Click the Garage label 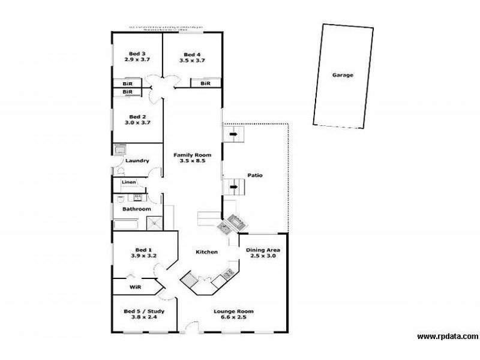click(x=343, y=76)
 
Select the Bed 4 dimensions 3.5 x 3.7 click(x=193, y=60)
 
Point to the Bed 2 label click(x=137, y=116)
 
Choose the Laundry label click(x=137, y=161)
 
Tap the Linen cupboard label click(x=128, y=182)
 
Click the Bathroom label click(x=137, y=209)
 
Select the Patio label click(x=255, y=175)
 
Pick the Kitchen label click(x=206, y=252)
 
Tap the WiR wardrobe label click(x=135, y=287)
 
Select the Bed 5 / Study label click(x=144, y=311)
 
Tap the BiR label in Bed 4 click(x=205, y=83)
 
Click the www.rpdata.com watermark click(x=448, y=337)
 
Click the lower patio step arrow click(x=233, y=187)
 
